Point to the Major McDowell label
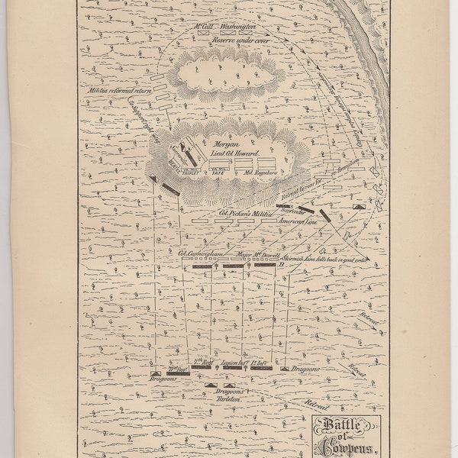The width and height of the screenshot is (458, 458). (x=261, y=250)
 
